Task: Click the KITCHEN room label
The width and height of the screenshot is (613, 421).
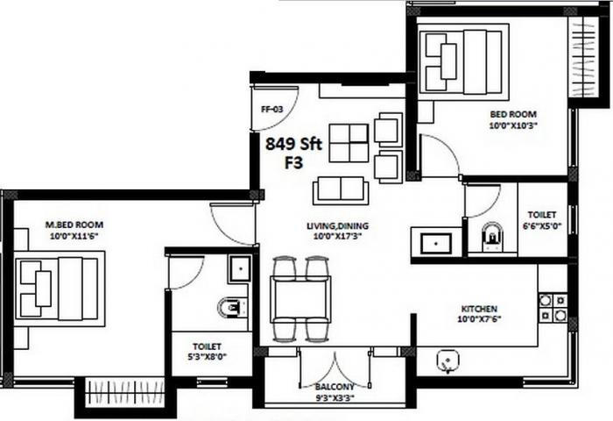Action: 479,309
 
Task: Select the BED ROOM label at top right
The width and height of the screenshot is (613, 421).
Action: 513,114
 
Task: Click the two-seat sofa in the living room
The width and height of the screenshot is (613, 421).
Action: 340,189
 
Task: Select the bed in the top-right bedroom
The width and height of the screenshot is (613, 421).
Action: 463,60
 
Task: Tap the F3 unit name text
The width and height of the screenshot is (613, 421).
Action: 294,163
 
